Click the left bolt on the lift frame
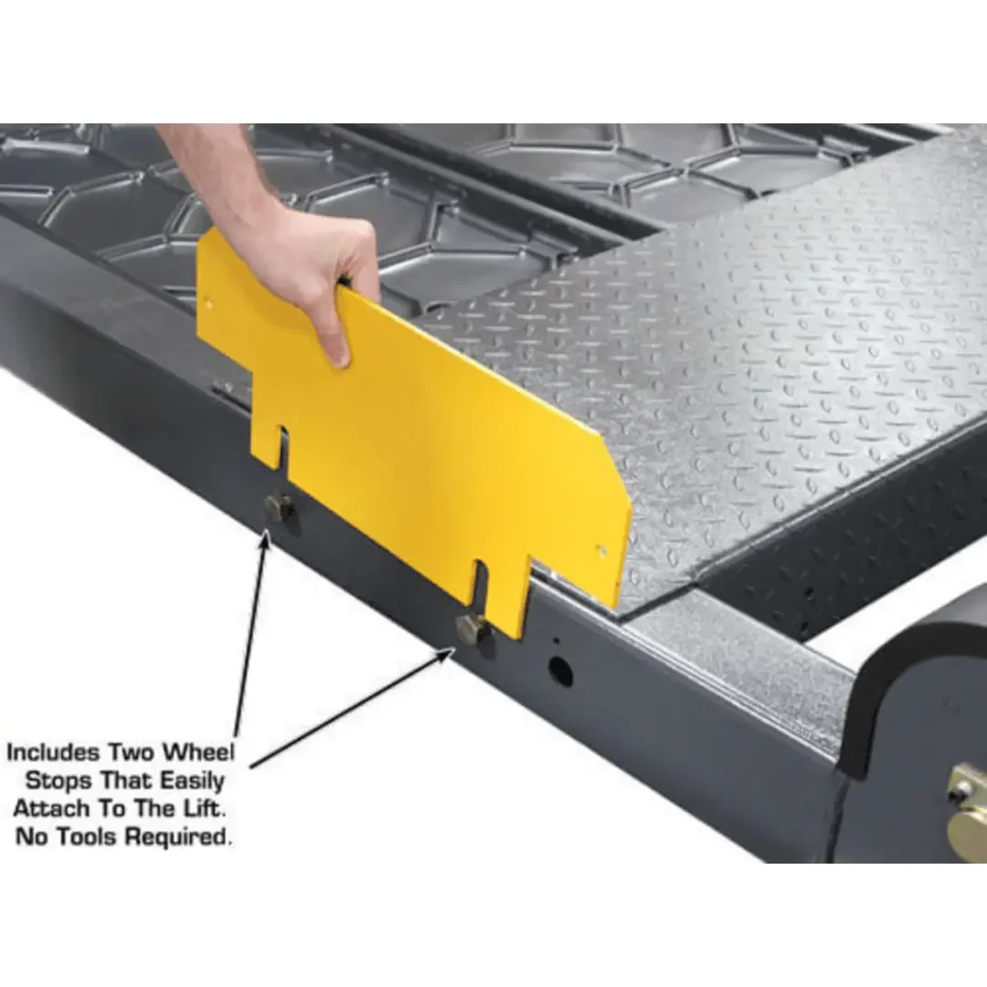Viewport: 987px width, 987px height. tap(279, 507)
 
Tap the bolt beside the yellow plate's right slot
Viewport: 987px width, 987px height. tap(472, 630)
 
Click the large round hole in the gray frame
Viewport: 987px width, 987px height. tap(560, 672)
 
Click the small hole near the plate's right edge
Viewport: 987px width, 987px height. tap(601, 550)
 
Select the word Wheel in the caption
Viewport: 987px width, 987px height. tap(198, 753)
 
